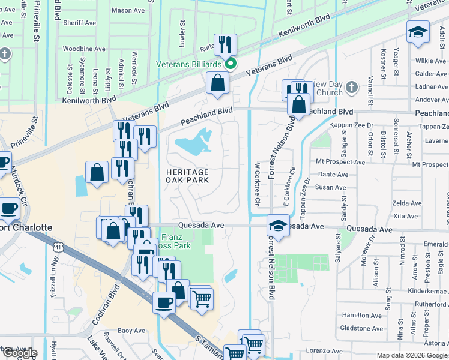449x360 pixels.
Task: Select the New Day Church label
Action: click(328, 88)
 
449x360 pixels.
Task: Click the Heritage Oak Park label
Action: click(187, 176)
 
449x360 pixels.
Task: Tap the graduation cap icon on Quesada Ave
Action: click(277, 226)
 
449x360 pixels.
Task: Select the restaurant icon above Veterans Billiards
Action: click(225, 44)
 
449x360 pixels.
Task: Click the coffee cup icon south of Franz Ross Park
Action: click(164, 302)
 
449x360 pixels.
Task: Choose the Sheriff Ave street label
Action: click(79, 23)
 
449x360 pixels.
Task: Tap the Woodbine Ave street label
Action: click(84, 49)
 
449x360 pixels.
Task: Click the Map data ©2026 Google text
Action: click(412, 355)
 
